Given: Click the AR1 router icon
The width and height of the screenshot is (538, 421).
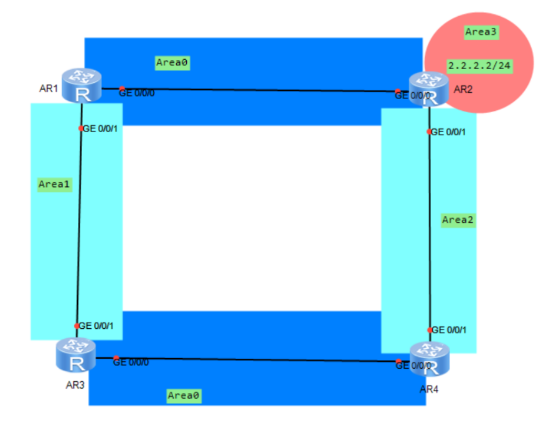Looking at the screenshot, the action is click(82, 85).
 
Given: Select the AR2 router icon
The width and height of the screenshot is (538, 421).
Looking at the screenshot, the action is click(428, 88).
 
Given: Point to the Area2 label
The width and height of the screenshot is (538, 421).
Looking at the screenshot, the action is click(458, 219).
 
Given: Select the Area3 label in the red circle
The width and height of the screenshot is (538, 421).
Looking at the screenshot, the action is click(481, 32).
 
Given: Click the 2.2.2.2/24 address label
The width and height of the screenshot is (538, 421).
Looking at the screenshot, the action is click(479, 65).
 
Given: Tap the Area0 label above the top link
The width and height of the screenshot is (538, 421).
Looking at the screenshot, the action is click(172, 62).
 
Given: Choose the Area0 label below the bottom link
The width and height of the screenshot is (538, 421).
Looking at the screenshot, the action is click(184, 395).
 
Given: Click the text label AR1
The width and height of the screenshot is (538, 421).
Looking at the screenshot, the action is click(48, 88).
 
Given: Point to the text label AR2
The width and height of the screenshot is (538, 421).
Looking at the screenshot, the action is click(463, 89).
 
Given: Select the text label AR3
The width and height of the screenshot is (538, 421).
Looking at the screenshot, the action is click(75, 384).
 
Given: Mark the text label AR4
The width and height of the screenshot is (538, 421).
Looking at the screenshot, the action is click(429, 389).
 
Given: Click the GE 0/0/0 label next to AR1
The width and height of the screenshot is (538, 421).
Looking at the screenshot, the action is click(137, 93).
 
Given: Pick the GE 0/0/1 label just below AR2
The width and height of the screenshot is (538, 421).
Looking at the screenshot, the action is click(448, 132).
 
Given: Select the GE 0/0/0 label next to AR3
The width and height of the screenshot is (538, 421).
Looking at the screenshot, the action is click(131, 362).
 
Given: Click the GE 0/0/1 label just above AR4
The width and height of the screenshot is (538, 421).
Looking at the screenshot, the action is click(448, 329).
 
